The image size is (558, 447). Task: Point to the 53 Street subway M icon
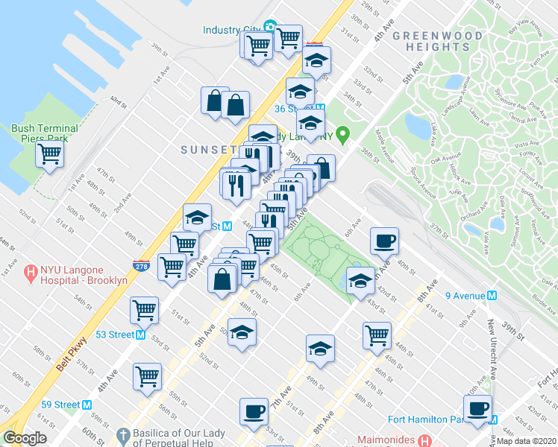[x=140, y=335]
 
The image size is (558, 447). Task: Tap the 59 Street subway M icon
[x=87, y=405]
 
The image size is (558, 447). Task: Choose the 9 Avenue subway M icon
[x=492, y=296]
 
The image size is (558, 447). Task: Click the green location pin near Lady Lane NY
[x=343, y=136]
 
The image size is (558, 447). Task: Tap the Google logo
[x=25, y=438]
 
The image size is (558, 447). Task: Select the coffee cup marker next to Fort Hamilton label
[x=477, y=408]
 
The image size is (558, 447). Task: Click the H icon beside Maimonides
[x=425, y=440]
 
